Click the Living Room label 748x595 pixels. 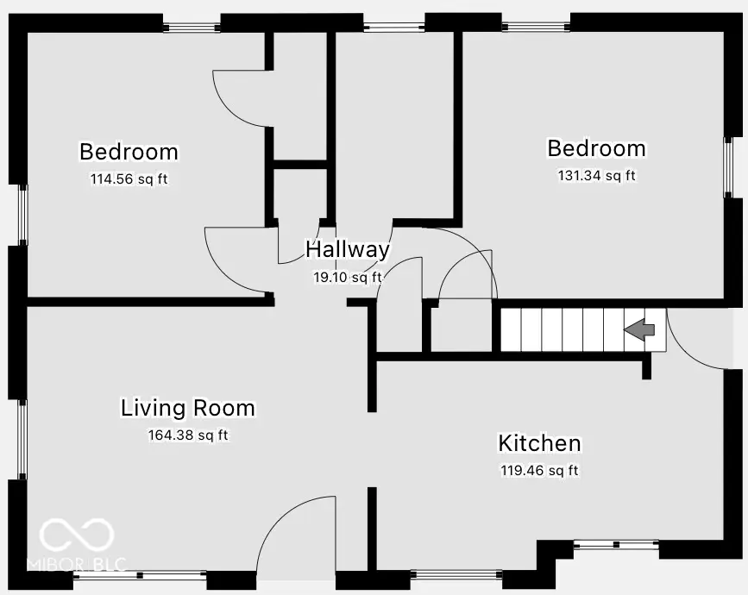click(x=187, y=408)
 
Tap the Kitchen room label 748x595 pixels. click(x=539, y=444)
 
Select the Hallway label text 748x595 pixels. click(x=348, y=250)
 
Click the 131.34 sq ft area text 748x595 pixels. click(x=596, y=176)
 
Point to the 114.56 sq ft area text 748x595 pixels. click(x=129, y=180)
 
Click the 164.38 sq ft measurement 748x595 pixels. click(x=187, y=435)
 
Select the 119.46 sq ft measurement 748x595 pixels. click(x=539, y=471)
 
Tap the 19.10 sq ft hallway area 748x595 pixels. click(x=347, y=278)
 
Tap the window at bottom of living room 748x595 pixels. click(x=140, y=574)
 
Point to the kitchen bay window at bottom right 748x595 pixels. click(x=616, y=545)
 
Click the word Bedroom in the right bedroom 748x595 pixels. click(x=596, y=148)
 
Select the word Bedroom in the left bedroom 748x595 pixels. click(x=129, y=152)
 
